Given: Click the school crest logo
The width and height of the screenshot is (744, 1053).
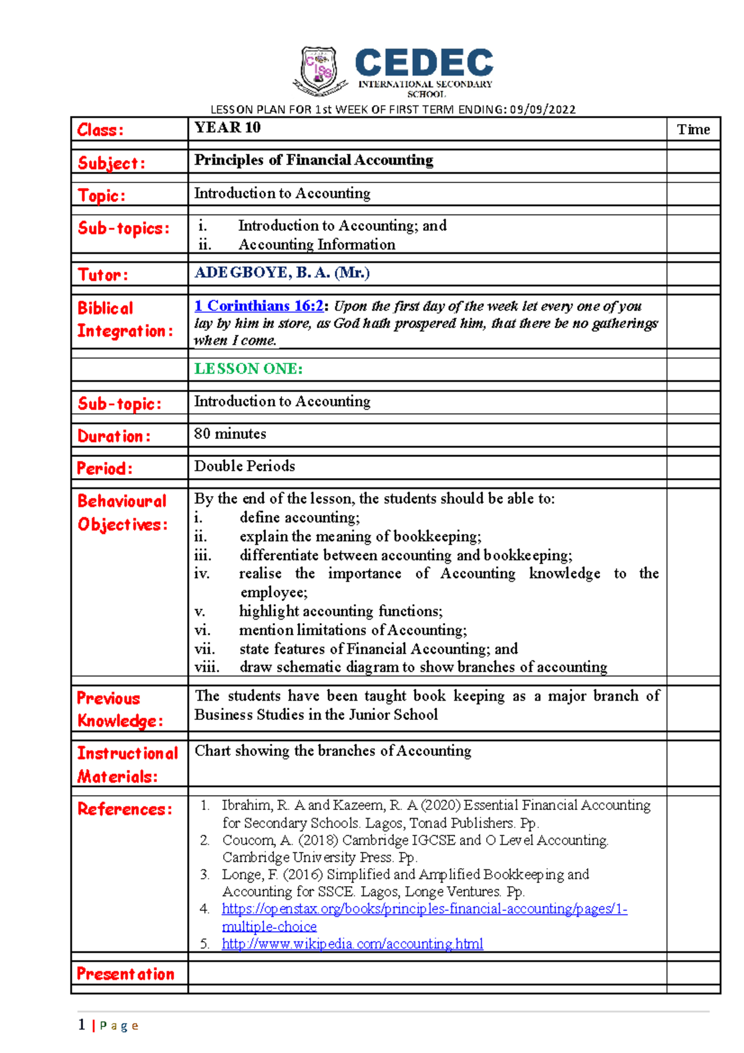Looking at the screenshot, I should click(x=319, y=70).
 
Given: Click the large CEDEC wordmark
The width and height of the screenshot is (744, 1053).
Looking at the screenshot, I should click(x=424, y=63).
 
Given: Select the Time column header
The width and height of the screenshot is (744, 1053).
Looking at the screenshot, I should click(x=693, y=130).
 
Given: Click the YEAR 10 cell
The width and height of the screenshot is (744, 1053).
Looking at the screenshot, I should click(x=228, y=128).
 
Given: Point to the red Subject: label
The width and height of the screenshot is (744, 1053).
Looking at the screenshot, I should click(x=112, y=163).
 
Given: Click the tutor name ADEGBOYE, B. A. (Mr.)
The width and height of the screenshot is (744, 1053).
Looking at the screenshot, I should click(x=282, y=273).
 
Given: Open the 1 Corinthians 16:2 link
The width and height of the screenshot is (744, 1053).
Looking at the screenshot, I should click(x=259, y=306).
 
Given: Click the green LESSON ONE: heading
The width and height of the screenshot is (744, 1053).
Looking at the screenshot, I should click(x=248, y=369).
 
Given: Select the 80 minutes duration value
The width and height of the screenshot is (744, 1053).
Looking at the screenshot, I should click(x=230, y=434).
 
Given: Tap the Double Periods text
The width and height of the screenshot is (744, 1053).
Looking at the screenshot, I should click(x=244, y=466).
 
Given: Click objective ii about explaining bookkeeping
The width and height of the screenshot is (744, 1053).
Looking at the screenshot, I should click(x=360, y=536).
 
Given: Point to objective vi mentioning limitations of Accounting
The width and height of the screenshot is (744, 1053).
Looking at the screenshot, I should click(x=353, y=630).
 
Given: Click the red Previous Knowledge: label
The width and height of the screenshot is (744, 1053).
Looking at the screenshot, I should click(x=120, y=709).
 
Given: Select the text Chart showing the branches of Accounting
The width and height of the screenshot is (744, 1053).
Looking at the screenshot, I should click(x=333, y=751).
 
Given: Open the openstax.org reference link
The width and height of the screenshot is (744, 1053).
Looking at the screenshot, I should click(x=424, y=910).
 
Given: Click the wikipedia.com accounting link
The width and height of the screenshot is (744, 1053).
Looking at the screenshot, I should click(x=352, y=944).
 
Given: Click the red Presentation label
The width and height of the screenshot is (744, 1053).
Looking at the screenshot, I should click(x=125, y=974).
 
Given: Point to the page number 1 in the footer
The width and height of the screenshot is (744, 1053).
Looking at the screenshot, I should click(x=81, y=1024).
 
